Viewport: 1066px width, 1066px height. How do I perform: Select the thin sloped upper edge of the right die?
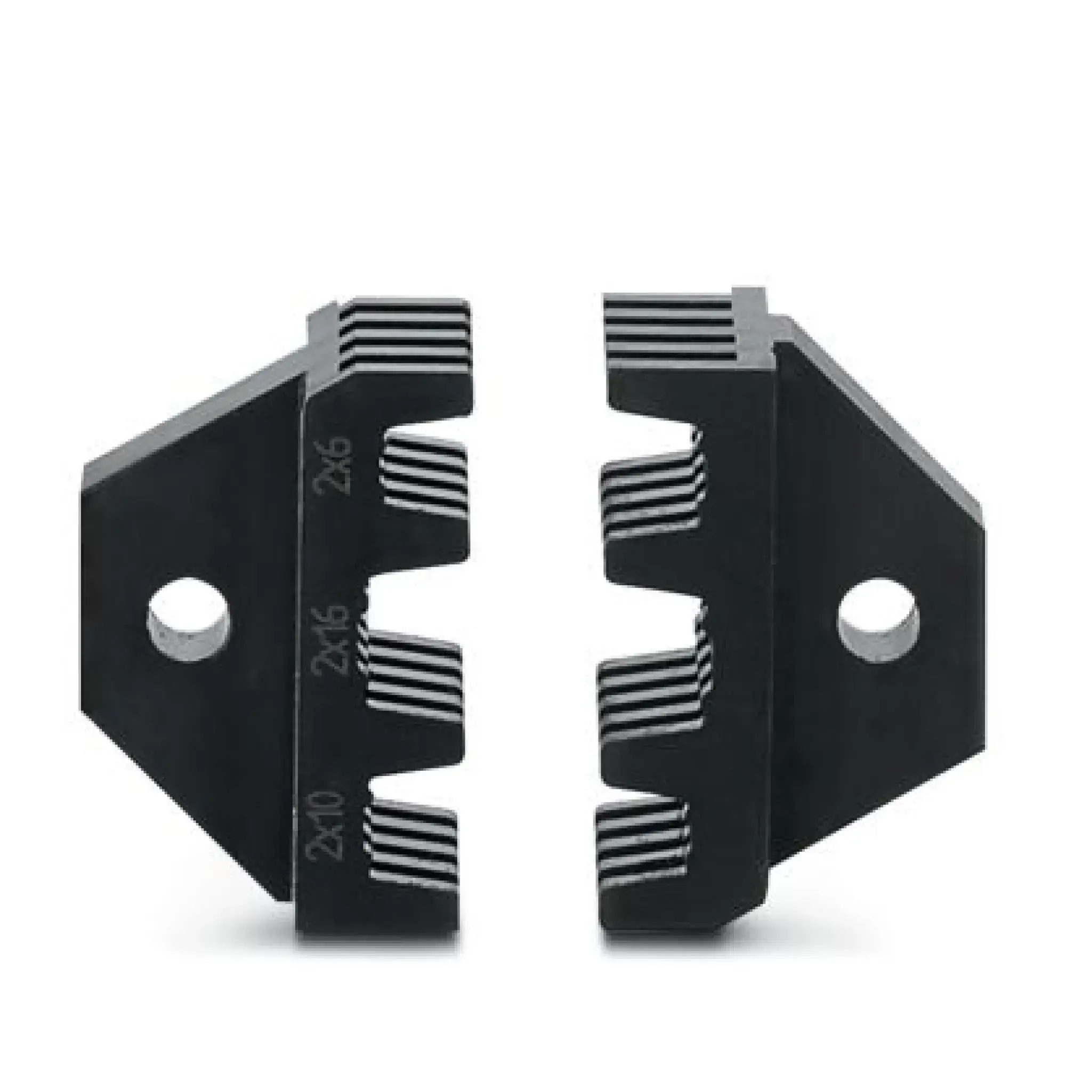click(883, 414)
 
